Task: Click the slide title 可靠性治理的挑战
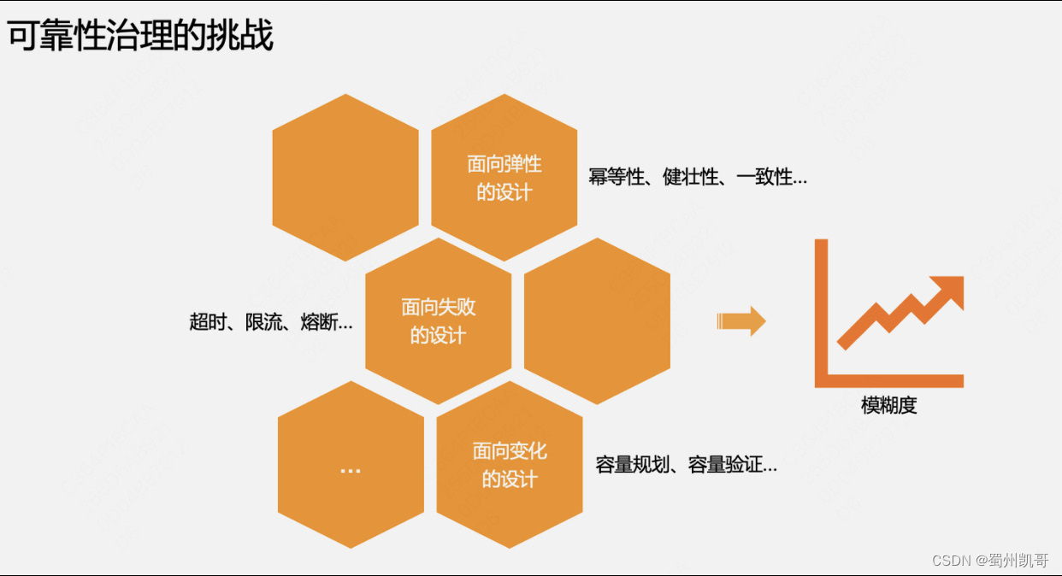pyautogui.click(x=141, y=37)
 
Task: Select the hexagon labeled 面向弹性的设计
pyautogui.click(x=504, y=177)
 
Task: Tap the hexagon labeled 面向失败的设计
pyautogui.click(x=438, y=320)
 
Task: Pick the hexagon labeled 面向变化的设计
pyautogui.click(x=510, y=464)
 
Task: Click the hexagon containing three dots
pyautogui.click(x=351, y=466)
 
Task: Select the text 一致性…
pyautogui.click(x=771, y=178)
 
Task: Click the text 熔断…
pyautogui.click(x=327, y=322)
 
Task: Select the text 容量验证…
pyautogui.click(x=733, y=465)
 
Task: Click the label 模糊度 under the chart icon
pyautogui.click(x=888, y=405)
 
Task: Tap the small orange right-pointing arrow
pyautogui.click(x=741, y=320)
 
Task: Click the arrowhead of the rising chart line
pyautogui.click(x=947, y=290)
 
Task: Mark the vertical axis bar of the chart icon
pyautogui.click(x=821, y=312)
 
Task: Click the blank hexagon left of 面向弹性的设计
pyautogui.click(x=345, y=177)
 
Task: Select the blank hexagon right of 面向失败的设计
pyautogui.click(x=597, y=320)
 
